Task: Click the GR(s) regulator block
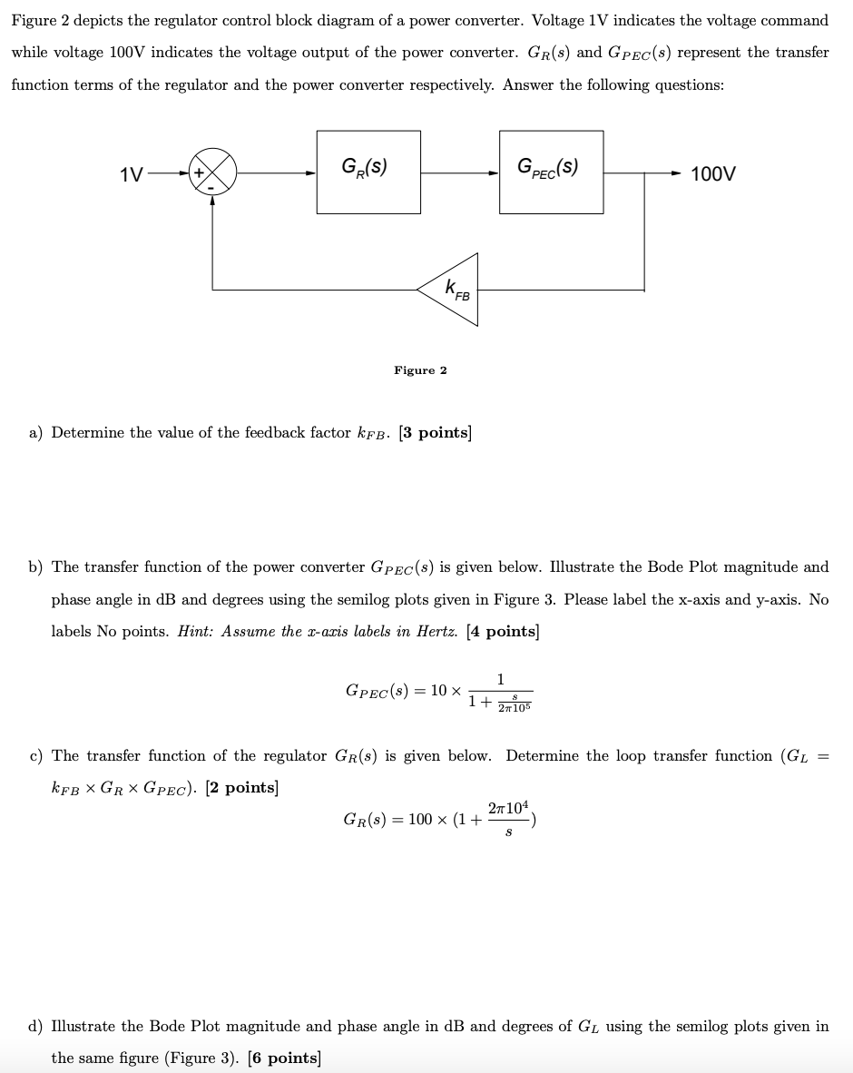pyautogui.click(x=368, y=172)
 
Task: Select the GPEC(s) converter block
pyautogui.click(x=551, y=172)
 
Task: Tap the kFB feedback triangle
pyautogui.click(x=453, y=290)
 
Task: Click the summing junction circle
pyautogui.click(x=211, y=172)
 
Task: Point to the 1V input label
pyautogui.click(x=132, y=173)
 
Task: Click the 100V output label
pyautogui.click(x=713, y=173)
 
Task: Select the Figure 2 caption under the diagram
pyautogui.click(x=420, y=370)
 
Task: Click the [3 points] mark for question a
pyautogui.click(x=435, y=433)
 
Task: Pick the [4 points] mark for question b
pyautogui.click(x=503, y=632)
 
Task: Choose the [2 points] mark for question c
pyautogui.click(x=241, y=788)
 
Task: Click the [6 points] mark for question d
pyautogui.click(x=283, y=1058)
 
